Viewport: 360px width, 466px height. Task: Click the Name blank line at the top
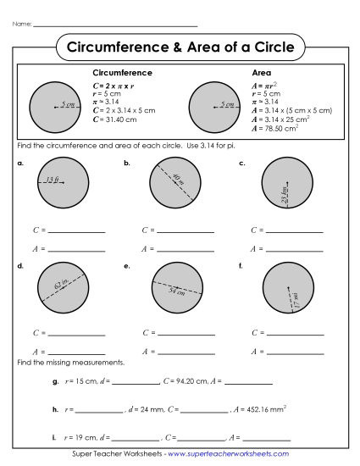click(114, 25)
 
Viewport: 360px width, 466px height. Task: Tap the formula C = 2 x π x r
click(114, 86)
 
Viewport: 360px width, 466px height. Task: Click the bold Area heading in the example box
click(262, 74)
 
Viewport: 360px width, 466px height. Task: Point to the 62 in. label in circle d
click(63, 286)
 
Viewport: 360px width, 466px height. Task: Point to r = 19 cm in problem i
click(81, 437)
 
